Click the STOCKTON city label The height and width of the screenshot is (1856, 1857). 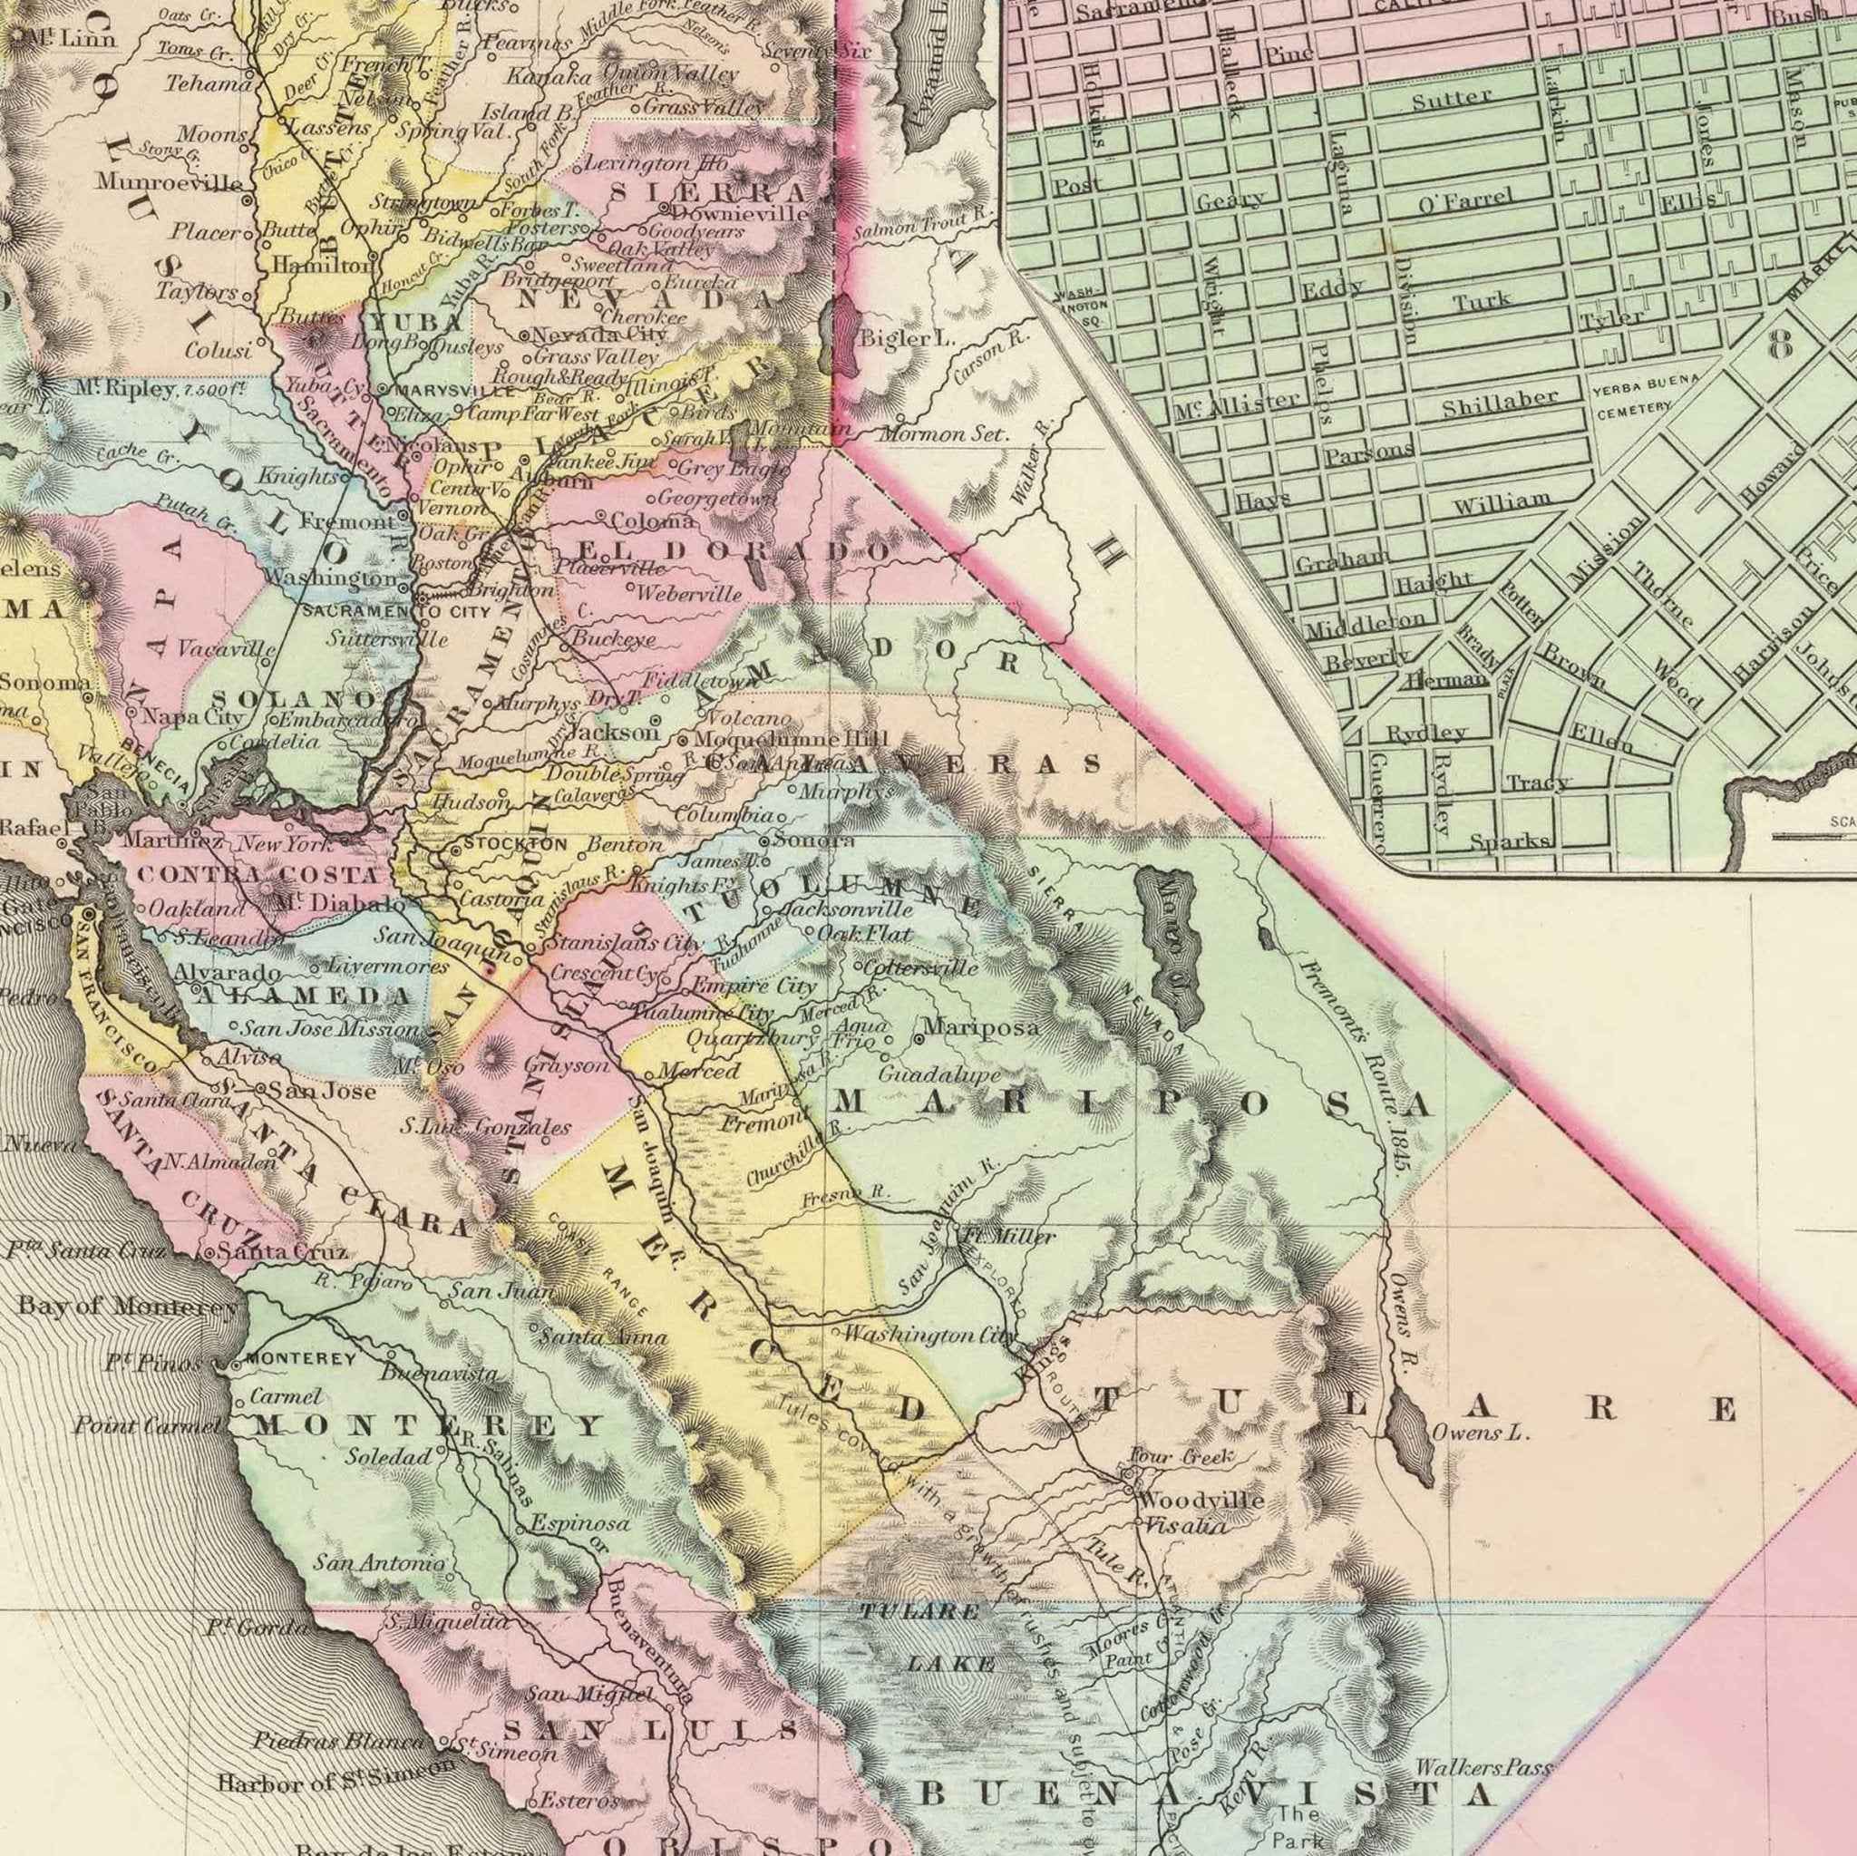pyautogui.click(x=515, y=844)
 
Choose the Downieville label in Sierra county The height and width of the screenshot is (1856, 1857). pyautogui.click(x=740, y=212)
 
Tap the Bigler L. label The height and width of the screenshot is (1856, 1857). pyautogui.click(x=907, y=338)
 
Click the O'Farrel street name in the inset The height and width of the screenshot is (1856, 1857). pyautogui.click(x=1465, y=203)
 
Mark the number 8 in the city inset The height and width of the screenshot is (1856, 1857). pyautogui.click(x=1780, y=345)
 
